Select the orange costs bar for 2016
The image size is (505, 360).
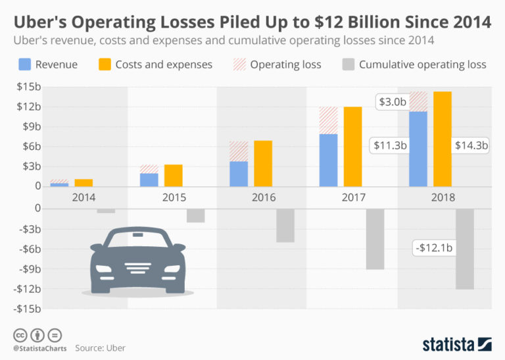pyautogui.click(x=263, y=163)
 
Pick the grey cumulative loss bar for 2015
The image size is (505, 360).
pyautogui.click(x=195, y=215)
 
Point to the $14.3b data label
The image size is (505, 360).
pyautogui.click(x=471, y=145)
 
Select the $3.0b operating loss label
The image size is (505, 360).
pyautogui.click(x=393, y=102)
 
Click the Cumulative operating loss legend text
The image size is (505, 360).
pyautogui.click(x=422, y=64)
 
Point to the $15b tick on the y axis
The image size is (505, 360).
pyautogui.click(x=29, y=87)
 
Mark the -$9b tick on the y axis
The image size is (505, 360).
pyautogui.click(x=29, y=269)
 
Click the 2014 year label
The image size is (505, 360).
pyautogui.click(x=83, y=197)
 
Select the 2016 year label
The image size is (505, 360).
pyautogui.click(x=263, y=197)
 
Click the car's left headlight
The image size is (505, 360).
pyautogui.click(x=107, y=269)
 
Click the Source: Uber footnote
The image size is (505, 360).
pyautogui.click(x=100, y=347)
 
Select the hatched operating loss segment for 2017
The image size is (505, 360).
pyautogui.click(x=328, y=120)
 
